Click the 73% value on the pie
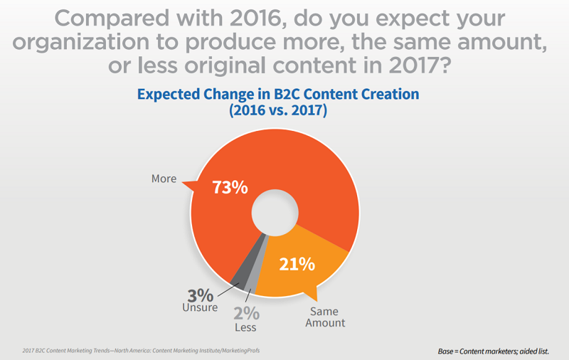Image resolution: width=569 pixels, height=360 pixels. pos(229,188)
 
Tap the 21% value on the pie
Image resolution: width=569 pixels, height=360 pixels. pos(296,264)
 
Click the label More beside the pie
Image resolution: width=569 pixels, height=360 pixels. pos(164,179)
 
